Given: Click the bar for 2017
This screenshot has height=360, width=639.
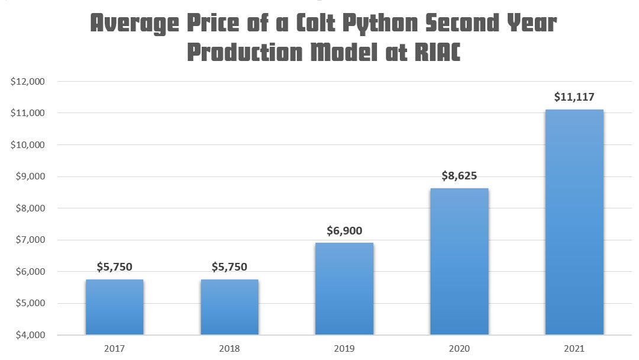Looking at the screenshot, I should pyautogui.click(x=114, y=307).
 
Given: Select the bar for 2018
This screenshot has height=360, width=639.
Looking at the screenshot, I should pyautogui.click(x=230, y=307).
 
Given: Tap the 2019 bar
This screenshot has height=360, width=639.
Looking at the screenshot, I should pyautogui.click(x=344, y=289).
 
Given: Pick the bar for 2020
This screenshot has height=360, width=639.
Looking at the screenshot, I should pyautogui.click(x=459, y=262).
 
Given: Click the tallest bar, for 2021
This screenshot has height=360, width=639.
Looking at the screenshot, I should pyautogui.click(x=574, y=222).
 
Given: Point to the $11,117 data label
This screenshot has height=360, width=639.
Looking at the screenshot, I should pyautogui.click(x=574, y=97).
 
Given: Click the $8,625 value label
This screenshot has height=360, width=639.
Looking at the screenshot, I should pyautogui.click(x=459, y=176).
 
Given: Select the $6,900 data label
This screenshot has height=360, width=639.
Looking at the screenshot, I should pyautogui.click(x=344, y=231).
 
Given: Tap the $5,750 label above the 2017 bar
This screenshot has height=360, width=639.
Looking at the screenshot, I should pyautogui.click(x=114, y=267).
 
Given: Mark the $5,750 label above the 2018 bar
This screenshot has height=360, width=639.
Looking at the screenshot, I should pyautogui.click(x=230, y=267).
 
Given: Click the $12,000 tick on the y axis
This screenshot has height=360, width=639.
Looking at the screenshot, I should pyautogui.click(x=28, y=81).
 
